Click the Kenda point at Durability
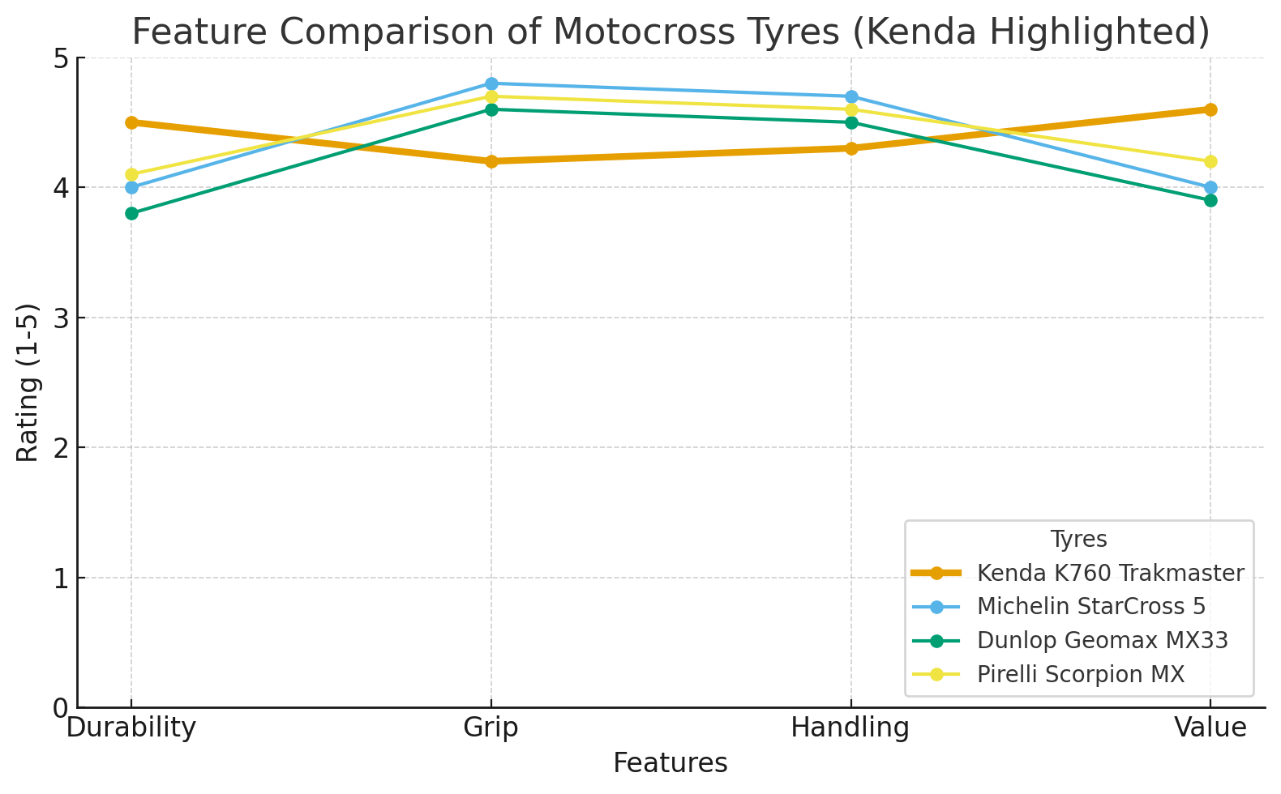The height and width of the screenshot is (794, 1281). click(x=131, y=122)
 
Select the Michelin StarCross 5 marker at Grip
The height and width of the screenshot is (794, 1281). click(x=491, y=83)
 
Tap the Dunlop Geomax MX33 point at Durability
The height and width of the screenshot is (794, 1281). click(x=131, y=214)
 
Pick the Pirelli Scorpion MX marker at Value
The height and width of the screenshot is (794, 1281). click(x=1210, y=161)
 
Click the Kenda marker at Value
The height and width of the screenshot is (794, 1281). click(x=1210, y=109)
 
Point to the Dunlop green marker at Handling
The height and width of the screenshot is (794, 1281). click(x=851, y=122)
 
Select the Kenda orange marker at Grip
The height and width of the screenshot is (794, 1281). click(x=491, y=161)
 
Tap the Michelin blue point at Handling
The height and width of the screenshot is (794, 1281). click(x=851, y=96)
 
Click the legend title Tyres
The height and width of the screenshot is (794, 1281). click(x=1078, y=539)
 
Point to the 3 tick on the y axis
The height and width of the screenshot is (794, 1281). click(x=61, y=318)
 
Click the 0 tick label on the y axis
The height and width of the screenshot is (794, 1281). click(x=61, y=708)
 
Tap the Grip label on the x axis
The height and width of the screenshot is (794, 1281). click(x=491, y=728)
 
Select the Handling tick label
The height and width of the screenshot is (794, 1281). click(x=850, y=728)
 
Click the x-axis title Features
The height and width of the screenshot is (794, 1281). click(x=670, y=763)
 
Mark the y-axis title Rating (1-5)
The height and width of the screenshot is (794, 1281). click(x=28, y=382)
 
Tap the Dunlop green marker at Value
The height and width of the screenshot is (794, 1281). click(x=1210, y=200)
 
